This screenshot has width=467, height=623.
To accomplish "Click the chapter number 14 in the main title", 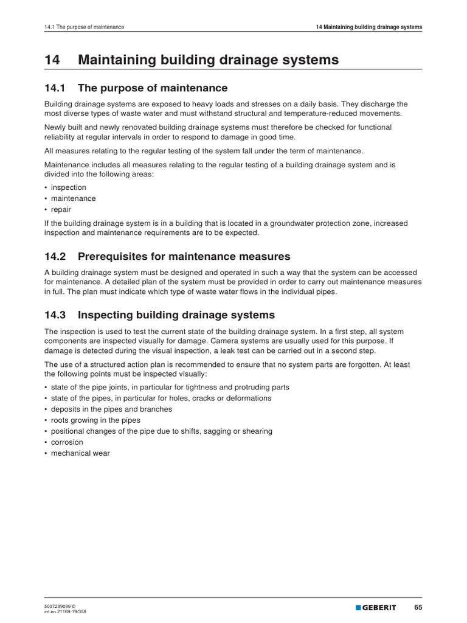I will pyautogui.click(x=52, y=60).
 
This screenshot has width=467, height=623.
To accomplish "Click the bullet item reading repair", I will pyautogui.click(x=61, y=209).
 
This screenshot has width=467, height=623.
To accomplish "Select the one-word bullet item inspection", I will pyautogui.click(x=69, y=187).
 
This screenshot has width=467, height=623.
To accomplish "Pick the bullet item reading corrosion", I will pyautogui.click(x=67, y=442).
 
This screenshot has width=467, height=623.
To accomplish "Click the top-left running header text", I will pyautogui.click(x=85, y=27).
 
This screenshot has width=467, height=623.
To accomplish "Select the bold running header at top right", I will pyautogui.click(x=369, y=27).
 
